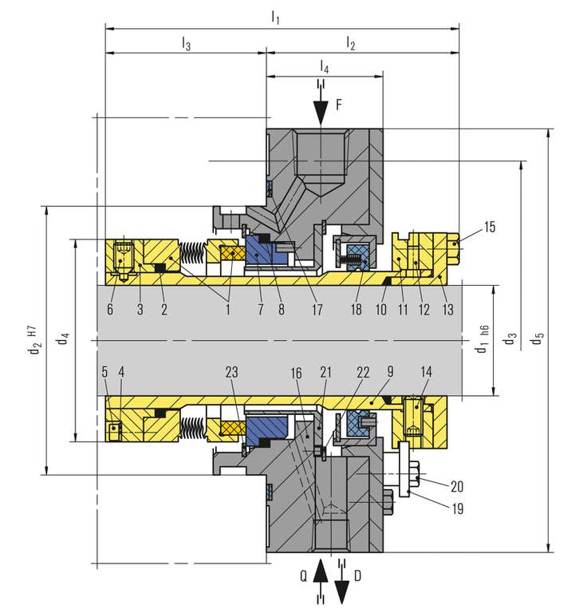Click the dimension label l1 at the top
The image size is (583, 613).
tap(275, 15)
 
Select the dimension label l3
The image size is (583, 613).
tap(186, 45)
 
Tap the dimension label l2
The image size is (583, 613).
tap(351, 45)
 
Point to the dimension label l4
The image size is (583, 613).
tap(325, 66)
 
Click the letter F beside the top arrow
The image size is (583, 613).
tap(340, 104)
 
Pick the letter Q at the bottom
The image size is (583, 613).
tap(303, 574)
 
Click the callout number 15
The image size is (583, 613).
tap(489, 227)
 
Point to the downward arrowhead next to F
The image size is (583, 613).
tap(321, 115)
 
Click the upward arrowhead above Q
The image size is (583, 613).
tap(320, 567)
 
